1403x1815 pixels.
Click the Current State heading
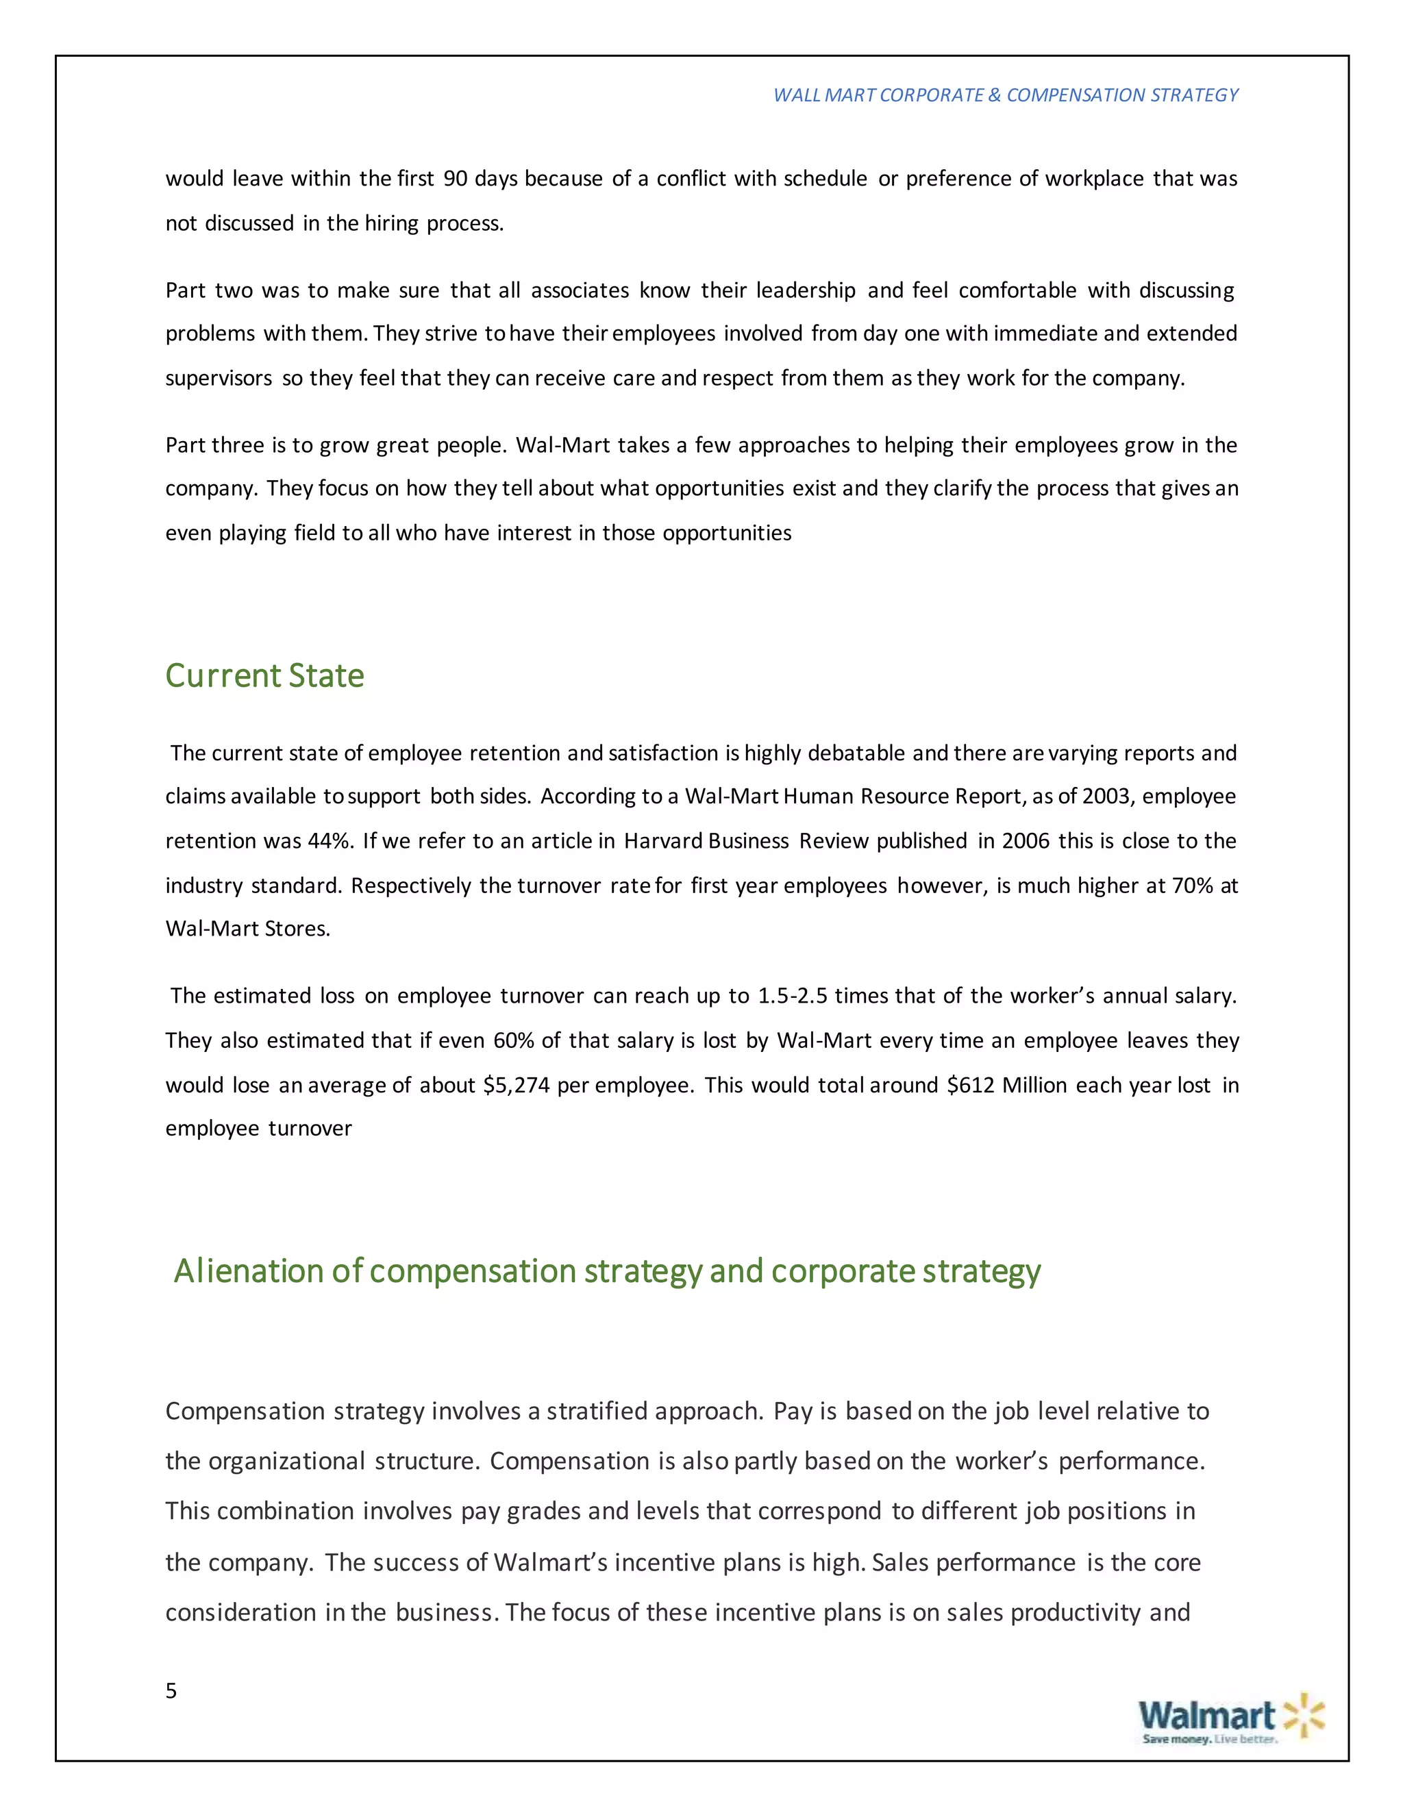pyautogui.click(x=264, y=675)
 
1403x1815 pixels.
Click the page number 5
pyautogui.click(x=171, y=1690)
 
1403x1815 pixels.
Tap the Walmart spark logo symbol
pyautogui.click(x=1303, y=1714)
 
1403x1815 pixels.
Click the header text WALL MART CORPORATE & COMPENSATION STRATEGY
pyautogui.click(x=1006, y=96)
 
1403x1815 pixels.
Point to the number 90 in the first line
pyautogui.click(x=455, y=179)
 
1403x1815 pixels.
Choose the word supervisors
pyautogui.click(x=219, y=379)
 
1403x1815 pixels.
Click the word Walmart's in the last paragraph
pyautogui.click(x=550, y=1562)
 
